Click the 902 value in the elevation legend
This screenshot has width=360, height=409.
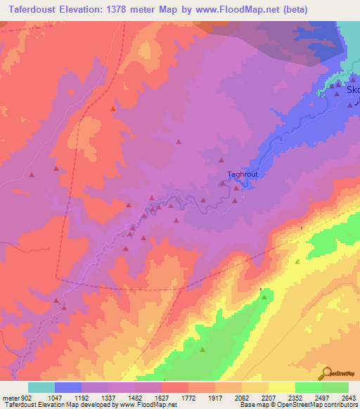click(25, 398)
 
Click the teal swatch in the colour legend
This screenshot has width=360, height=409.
click(41, 387)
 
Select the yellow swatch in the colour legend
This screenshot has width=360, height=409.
click(282, 387)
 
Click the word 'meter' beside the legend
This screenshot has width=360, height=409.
click(10, 398)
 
